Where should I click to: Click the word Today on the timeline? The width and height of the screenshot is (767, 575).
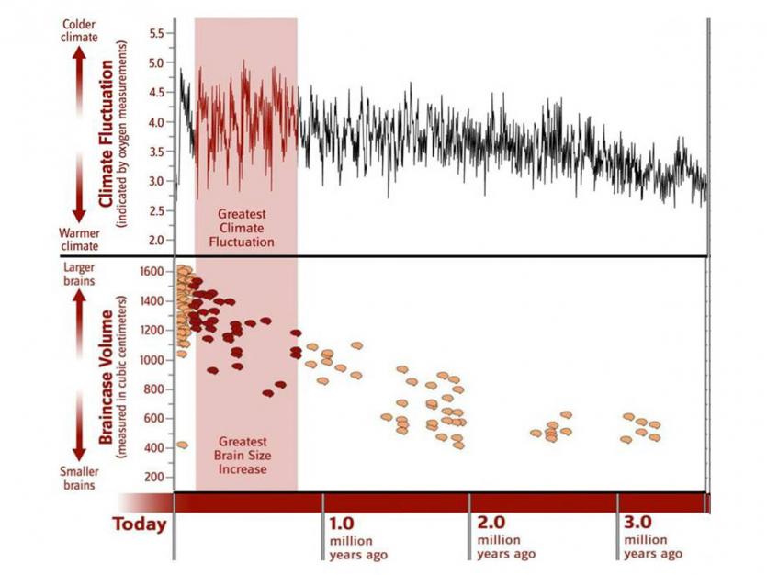tap(140, 524)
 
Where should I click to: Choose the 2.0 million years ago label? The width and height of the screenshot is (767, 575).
tap(504, 538)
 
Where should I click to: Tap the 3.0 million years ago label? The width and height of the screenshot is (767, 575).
tap(651, 538)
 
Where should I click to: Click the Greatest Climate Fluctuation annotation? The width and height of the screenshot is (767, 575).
tap(245, 228)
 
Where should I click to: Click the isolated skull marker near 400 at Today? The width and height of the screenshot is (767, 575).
tap(182, 445)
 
